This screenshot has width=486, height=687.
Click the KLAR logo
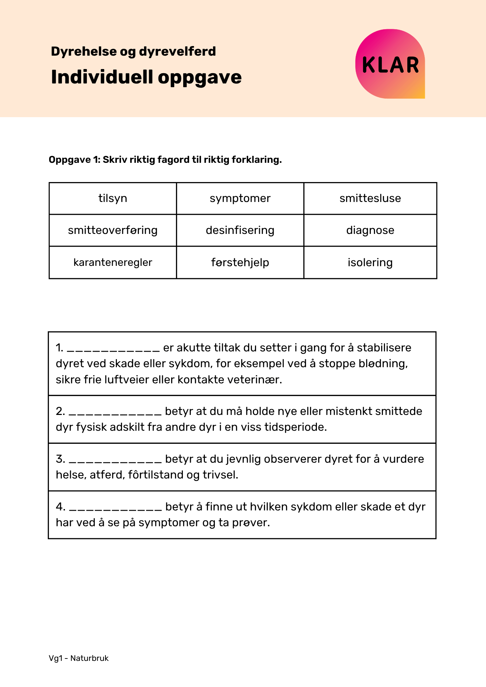point(390,64)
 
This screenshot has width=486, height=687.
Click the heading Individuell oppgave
point(146,77)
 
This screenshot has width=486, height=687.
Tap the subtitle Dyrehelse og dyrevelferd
point(133,52)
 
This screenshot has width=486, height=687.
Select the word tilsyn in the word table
point(113,199)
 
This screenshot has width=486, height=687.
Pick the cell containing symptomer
point(240,199)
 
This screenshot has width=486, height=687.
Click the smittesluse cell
point(370,199)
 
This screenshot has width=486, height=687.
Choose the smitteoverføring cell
point(113,230)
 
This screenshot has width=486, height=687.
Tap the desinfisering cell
point(240,230)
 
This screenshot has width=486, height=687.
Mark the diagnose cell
point(370,230)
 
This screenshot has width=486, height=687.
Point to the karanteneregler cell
point(113,262)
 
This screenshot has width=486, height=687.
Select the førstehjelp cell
point(240,262)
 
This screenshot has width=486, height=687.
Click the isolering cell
point(370,262)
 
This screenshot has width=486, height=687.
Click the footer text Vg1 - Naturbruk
point(79,658)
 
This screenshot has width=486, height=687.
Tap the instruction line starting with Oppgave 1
point(165,160)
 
